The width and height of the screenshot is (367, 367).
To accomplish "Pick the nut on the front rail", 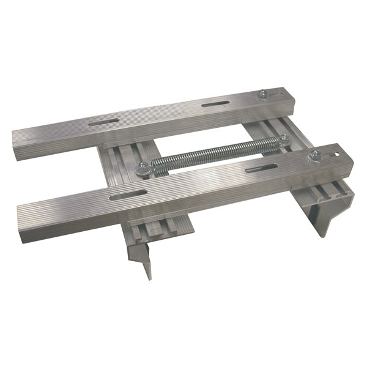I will coord(316,155).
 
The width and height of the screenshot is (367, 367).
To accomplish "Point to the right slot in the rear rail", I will coord(215,106).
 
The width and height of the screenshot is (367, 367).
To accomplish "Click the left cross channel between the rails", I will coord(125,165).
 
